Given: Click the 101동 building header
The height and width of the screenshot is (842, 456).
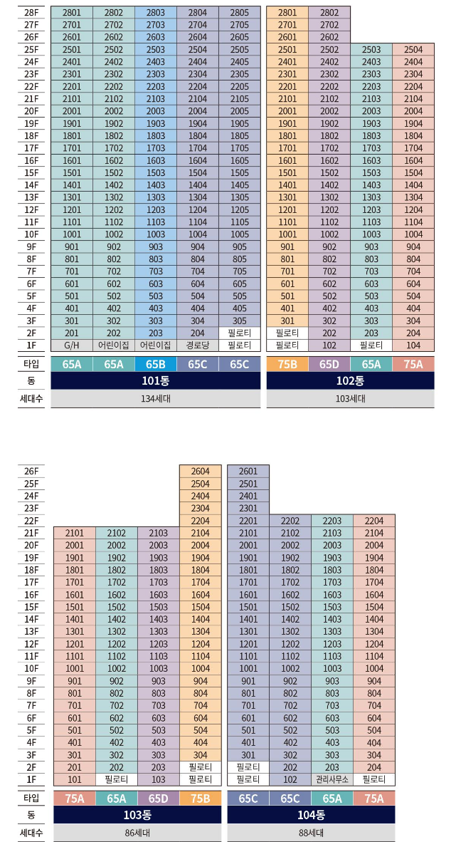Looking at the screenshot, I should pyautogui.click(x=156, y=380).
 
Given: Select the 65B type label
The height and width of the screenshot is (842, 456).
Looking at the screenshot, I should pyautogui.click(x=156, y=363).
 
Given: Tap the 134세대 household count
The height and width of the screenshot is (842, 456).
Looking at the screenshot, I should pyautogui.click(x=156, y=398).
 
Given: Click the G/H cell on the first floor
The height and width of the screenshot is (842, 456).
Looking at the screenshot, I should pyautogui.click(x=72, y=345).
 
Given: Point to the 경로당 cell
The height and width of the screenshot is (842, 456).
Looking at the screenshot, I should pyautogui.click(x=198, y=345).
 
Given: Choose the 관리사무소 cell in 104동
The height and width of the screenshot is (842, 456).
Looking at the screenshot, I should pyautogui.click(x=332, y=779).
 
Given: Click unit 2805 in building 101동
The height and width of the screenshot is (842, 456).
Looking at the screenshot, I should pyautogui.click(x=240, y=12).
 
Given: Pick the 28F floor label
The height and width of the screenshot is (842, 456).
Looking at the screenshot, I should pyautogui.click(x=31, y=12).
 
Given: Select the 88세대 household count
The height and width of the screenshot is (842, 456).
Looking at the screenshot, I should pyautogui.click(x=311, y=832).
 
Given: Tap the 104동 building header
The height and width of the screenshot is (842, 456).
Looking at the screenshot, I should pyautogui.click(x=311, y=814).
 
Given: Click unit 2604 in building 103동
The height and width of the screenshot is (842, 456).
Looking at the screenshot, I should pyautogui.click(x=201, y=472).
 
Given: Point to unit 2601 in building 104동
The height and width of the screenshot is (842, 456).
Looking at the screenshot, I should pyautogui.click(x=248, y=472).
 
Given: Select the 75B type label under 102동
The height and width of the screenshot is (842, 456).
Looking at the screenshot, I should pyautogui.click(x=287, y=363).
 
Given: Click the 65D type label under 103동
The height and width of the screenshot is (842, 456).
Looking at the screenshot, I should pyautogui.click(x=159, y=798).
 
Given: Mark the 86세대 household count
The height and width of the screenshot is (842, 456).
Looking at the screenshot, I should pyautogui.click(x=137, y=832).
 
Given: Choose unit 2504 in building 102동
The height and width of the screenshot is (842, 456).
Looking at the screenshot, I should pyautogui.click(x=413, y=49).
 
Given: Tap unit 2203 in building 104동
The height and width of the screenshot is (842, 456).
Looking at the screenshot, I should pyautogui.click(x=332, y=521).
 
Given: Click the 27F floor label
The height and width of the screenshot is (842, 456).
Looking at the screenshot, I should pyautogui.click(x=31, y=24).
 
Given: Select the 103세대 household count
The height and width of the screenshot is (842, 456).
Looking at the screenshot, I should pyautogui.click(x=350, y=398).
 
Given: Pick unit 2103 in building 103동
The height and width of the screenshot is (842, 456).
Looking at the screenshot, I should pyautogui.click(x=159, y=533).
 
